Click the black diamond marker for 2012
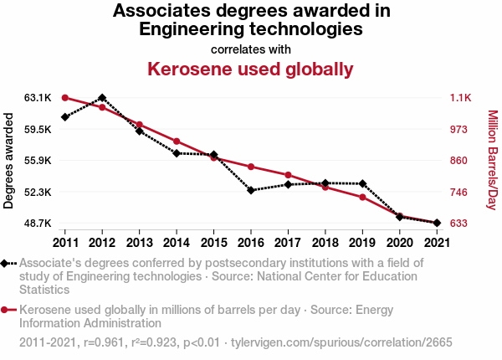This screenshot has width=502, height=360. click(102, 98)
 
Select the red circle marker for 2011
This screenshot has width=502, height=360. click(65, 98)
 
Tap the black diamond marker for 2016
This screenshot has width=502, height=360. click(250, 190)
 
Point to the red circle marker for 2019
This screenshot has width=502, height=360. click(361, 197)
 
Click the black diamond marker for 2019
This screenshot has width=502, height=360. click(361, 183)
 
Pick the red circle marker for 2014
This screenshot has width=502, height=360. click(177, 141)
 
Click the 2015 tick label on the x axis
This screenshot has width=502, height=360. click(213, 243)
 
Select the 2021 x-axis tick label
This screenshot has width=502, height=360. click(436, 243)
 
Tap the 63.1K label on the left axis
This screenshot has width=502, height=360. click(38, 98)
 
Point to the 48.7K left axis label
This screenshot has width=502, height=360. click(38, 224)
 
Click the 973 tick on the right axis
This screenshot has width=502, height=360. click(459, 130)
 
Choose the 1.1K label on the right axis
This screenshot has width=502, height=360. click(460, 98)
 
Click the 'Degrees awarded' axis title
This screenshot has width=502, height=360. click(9, 161)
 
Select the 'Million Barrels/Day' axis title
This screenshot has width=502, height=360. click(492, 161)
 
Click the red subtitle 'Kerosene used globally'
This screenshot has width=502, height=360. click(251, 69)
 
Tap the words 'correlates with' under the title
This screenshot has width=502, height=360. click(251, 49)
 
